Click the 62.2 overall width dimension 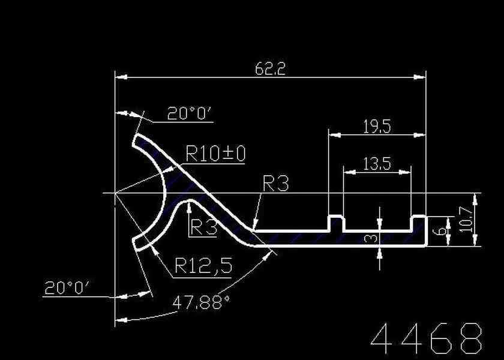tap(270, 68)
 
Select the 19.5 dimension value tap(377, 126)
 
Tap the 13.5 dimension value tap(377, 163)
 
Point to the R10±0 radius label tap(215, 154)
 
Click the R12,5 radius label tap(203, 265)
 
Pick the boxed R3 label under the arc tap(203, 227)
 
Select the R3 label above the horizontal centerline tap(275, 184)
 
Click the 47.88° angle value tap(202, 302)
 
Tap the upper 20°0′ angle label tap(190, 113)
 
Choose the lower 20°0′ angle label tap(66, 289)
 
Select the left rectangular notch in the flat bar tap(336, 223)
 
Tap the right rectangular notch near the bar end tap(418, 223)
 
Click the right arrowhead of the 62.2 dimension tap(421, 77)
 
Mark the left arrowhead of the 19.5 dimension tap(332, 134)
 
